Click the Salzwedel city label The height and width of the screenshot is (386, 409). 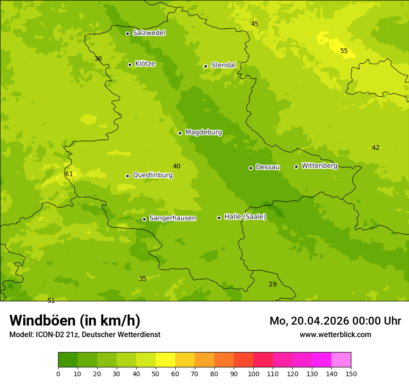[149, 33]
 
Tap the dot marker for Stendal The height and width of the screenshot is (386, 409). [205, 66]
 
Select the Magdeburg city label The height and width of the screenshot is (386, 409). [204, 133]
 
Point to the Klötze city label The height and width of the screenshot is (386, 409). [145, 64]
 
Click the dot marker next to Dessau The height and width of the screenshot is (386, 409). [251, 168]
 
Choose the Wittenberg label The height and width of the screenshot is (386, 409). [319, 166]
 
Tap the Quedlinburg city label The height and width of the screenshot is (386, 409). [152, 175]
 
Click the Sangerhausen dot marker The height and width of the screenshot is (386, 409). [144, 219]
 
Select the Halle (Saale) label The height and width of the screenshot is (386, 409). [245, 217]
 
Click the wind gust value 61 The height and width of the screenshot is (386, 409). [69, 174]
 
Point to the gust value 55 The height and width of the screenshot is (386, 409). [344, 51]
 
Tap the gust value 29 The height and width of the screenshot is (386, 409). [273, 285]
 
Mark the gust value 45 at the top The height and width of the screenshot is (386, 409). [255, 24]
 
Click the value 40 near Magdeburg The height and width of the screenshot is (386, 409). [177, 166]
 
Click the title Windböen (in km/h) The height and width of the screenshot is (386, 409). [75, 320]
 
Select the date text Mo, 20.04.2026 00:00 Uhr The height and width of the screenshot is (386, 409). [335, 321]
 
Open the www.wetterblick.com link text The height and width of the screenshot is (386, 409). [335, 335]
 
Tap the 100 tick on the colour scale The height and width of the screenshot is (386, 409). [253, 373]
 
